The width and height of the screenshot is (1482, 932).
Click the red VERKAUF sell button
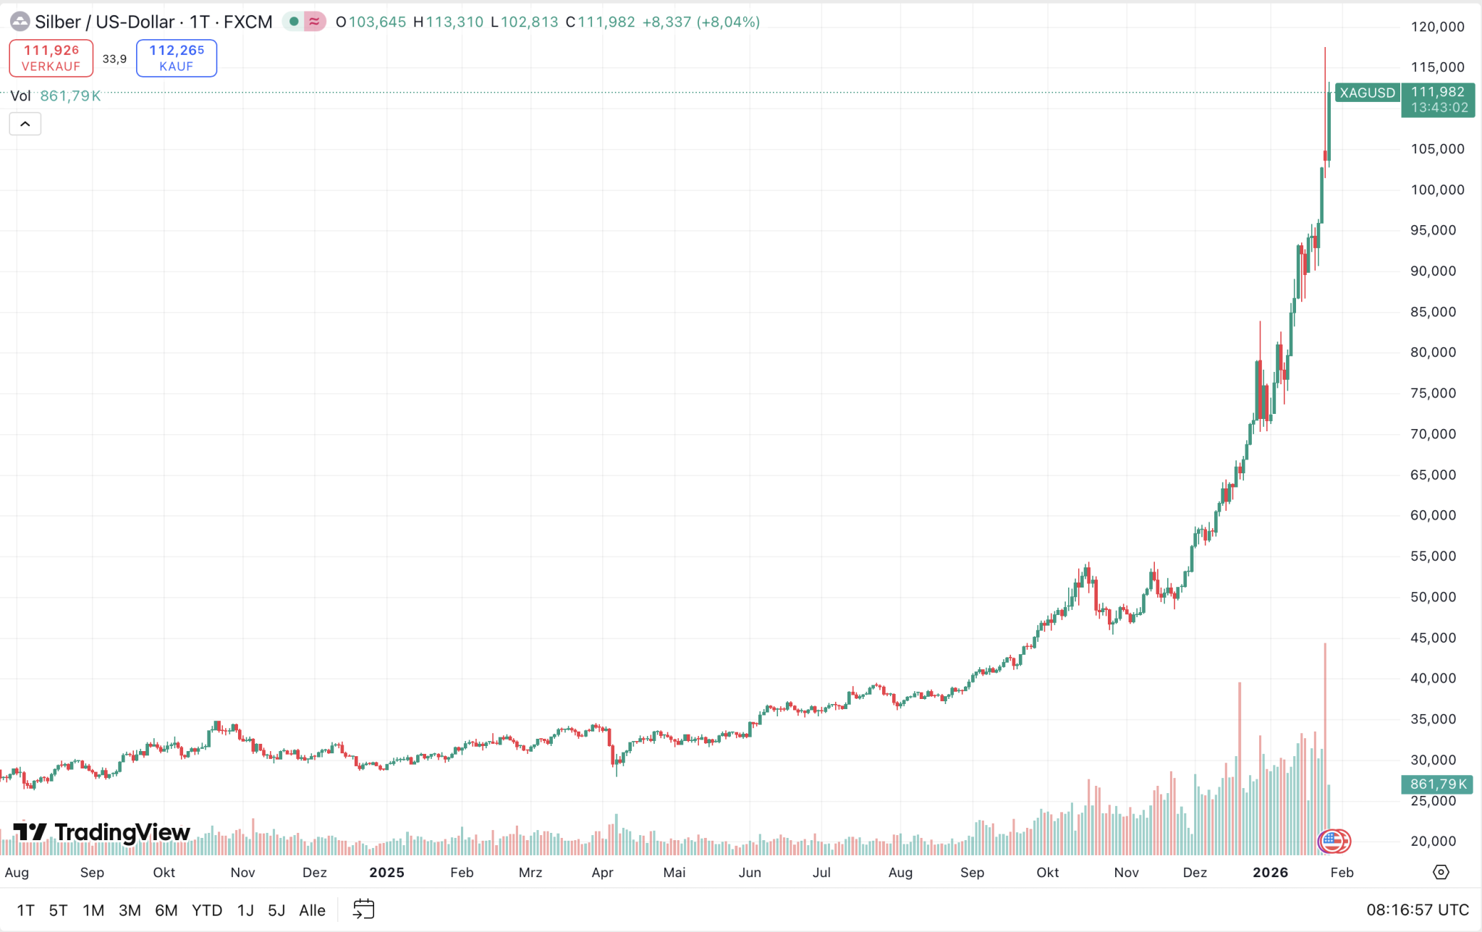[51, 58]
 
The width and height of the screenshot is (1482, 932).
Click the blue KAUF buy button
[177, 58]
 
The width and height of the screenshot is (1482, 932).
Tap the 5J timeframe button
[276, 910]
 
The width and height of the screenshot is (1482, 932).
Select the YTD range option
[207, 910]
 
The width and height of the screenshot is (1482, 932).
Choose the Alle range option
[312, 910]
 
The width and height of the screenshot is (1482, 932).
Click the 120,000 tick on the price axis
[1437, 27]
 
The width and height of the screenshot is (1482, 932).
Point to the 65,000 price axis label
[1433, 475]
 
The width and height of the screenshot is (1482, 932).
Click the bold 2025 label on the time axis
[386, 873]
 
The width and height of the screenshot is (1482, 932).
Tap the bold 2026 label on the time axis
[1270, 873]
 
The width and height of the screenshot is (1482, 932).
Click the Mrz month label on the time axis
[530, 873]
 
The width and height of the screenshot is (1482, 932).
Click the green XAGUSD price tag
[1367, 93]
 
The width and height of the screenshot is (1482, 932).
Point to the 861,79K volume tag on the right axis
[1437, 784]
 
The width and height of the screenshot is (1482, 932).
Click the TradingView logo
[102, 832]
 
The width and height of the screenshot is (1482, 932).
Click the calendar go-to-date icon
[363, 910]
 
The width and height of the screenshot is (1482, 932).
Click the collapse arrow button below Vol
[25, 124]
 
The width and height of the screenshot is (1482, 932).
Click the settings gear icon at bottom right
[1441, 873]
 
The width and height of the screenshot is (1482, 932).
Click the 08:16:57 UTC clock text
[1417, 910]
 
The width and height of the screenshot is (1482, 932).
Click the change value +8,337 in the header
[666, 22]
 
